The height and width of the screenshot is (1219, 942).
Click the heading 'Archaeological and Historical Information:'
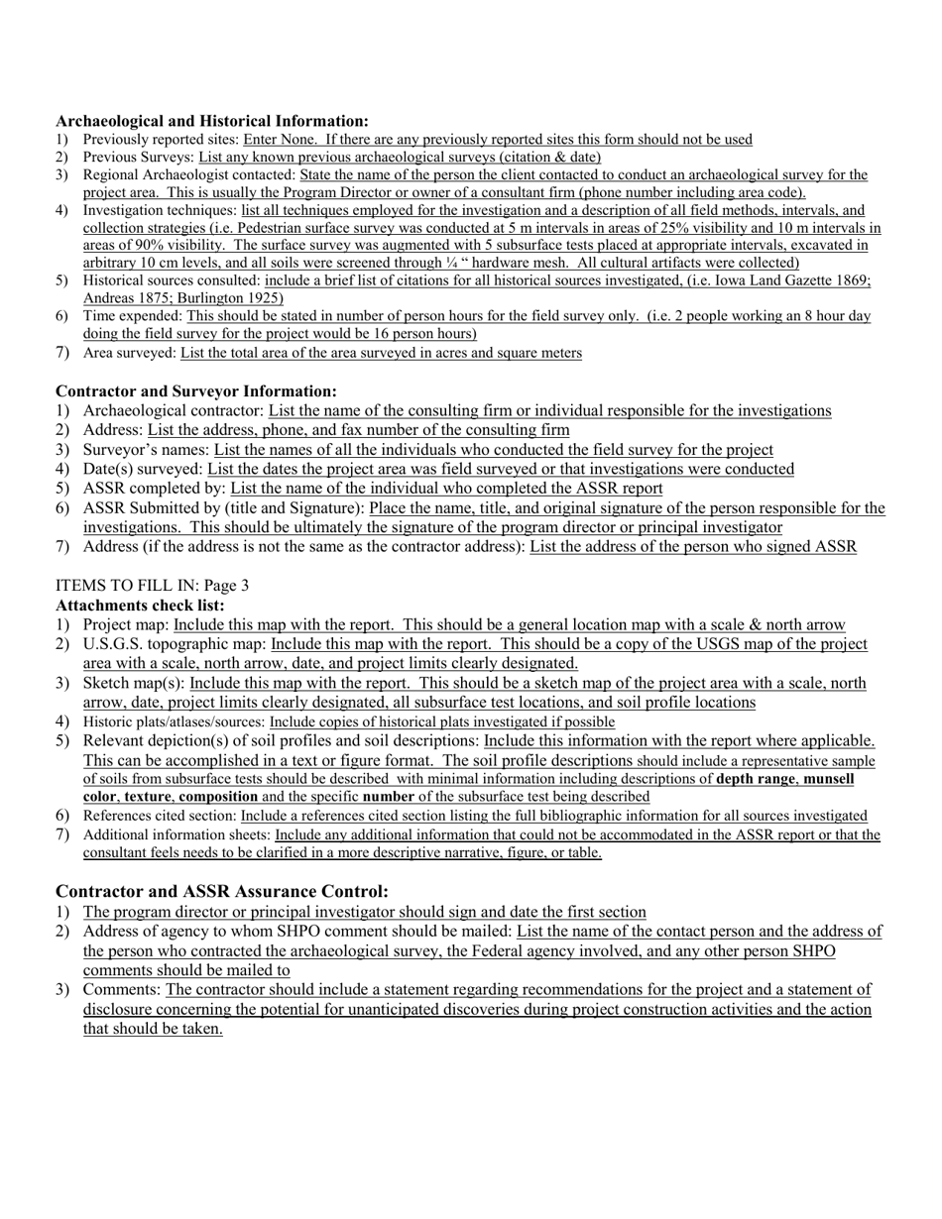click(212, 120)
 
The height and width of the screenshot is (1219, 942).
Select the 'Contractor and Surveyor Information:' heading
click(196, 391)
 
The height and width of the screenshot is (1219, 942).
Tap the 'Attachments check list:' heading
click(140, 605)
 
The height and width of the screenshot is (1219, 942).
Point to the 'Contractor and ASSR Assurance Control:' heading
click(222, 891)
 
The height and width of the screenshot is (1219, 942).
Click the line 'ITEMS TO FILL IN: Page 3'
click(152, 586)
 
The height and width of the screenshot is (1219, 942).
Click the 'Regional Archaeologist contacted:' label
click(188, 175)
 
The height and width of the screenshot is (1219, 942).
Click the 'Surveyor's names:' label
click(146, 449)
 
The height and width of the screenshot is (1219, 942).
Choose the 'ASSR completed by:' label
click(155, 488)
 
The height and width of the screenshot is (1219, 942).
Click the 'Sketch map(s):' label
click(134, 683)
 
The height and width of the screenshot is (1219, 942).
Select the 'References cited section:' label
click(160, 816)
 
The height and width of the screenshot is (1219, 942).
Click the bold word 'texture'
click(147, 797)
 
